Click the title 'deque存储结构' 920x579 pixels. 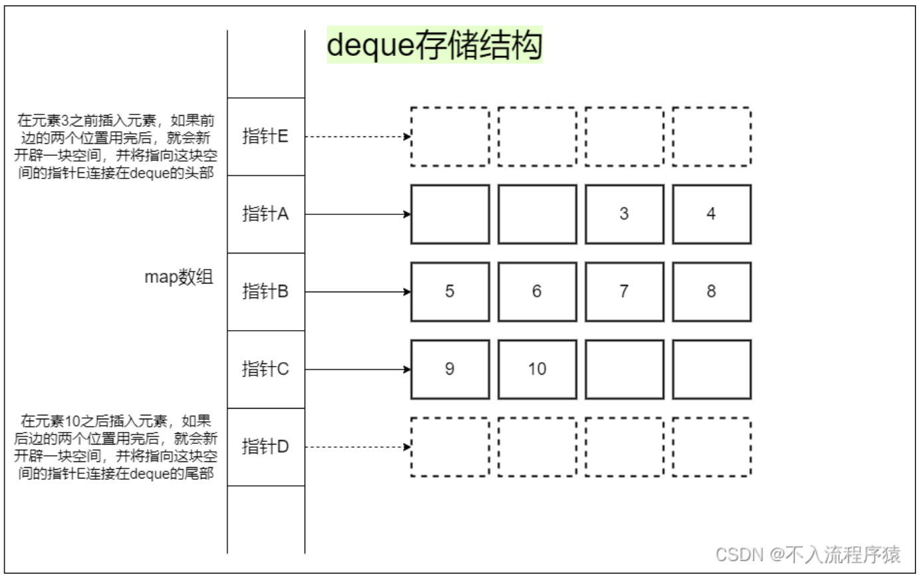point(434,45)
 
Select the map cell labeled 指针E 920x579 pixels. point(265,136)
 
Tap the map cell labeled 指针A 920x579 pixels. point(265,214)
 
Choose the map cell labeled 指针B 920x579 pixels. point(265,291)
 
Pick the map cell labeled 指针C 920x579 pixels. point(265,369)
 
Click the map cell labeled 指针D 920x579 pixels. point(265,447)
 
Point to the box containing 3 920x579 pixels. point(624,214)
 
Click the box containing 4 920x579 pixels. point(711,214)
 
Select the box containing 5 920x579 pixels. point(450,291)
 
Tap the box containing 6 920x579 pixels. point(537,291)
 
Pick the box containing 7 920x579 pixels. point(624,291)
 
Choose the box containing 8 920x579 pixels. point(711,291)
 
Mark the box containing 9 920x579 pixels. point(450,369)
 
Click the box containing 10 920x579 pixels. point(537,369)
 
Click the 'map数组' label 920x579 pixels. point(179,277)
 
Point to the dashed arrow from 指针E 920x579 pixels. point(358,137)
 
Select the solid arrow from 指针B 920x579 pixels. point(358,291)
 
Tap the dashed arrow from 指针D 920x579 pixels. point(358,447)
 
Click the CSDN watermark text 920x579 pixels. point(808,554)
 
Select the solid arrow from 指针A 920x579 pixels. point(358,214)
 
